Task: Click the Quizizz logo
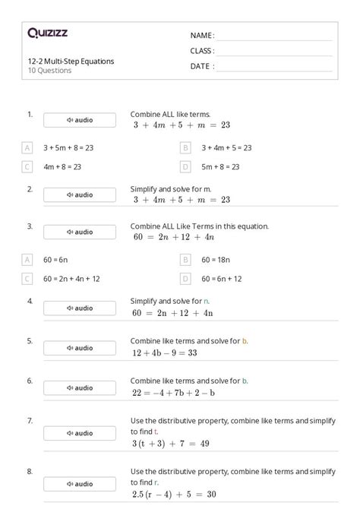(48, 33)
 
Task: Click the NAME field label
(202, 36)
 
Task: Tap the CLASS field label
(202, 51)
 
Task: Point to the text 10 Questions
(49, 71)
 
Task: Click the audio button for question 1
(80, 120)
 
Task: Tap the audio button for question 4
(80, 308)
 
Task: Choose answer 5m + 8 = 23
(220, 166)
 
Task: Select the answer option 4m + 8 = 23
(62, 166)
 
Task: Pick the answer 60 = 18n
(216, 259)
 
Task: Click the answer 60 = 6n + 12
(222, 279)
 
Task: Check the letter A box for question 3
(27, 259)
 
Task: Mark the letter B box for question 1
(185, 147)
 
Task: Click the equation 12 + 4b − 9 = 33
(164, 353)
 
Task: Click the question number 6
(30, 381)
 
